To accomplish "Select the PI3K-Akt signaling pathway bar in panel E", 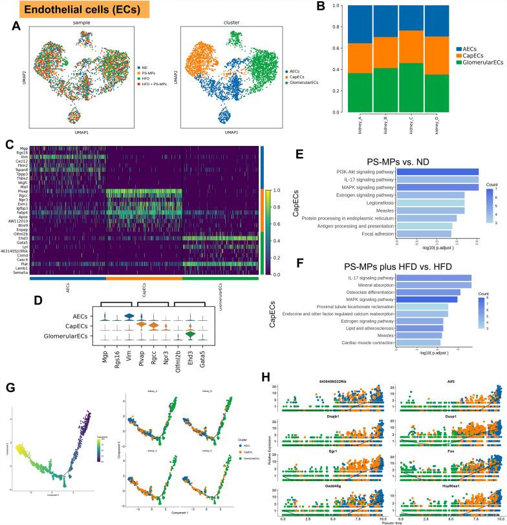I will (x=437, y=171).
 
